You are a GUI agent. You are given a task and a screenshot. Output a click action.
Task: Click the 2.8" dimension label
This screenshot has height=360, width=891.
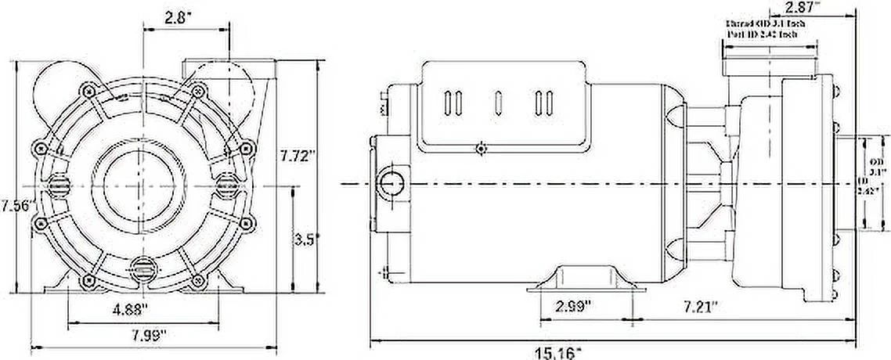click(x=184, y=16)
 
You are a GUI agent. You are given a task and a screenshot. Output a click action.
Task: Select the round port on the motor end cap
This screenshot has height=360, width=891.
click(x=389, y=183)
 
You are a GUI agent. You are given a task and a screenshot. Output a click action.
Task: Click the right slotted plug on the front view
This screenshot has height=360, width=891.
click(x=227, y=183)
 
